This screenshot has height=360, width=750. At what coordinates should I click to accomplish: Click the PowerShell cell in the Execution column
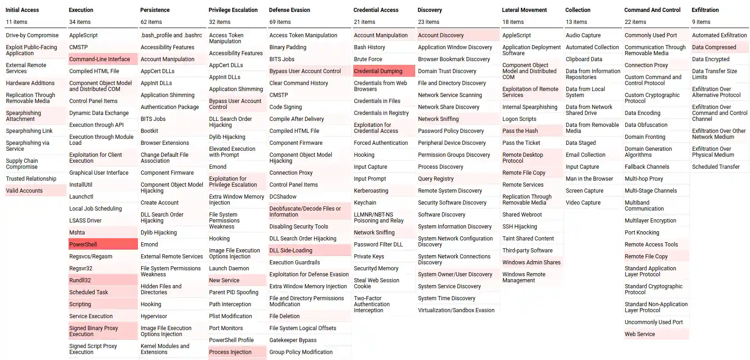(x=83, y=244)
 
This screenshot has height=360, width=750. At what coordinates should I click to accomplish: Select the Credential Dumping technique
(x=378, y=71)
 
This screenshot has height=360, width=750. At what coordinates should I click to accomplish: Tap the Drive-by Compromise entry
(x=32, y=35)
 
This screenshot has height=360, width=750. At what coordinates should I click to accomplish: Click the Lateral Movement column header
(x=524, y=10)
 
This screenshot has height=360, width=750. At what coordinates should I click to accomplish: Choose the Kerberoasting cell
(x=371, y=190)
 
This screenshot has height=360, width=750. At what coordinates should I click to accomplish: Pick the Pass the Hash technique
(x=520, y=131)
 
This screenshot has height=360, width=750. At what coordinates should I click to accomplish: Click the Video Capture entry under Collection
(x=583, y=202)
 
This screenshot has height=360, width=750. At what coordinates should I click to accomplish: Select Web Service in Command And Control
(x=640, y=334)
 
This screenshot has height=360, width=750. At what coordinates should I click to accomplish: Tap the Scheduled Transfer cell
(x=716, y=166)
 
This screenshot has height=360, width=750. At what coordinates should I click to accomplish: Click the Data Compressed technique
(x=714, y=47)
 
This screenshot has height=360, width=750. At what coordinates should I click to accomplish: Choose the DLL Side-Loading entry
(x=291, y=250)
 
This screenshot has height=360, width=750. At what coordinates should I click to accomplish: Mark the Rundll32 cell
(x=80, y=280)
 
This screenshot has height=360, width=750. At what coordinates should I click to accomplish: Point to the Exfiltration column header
(x=705, y=10)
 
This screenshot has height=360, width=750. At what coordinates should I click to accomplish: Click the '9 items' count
(x=701, y=22)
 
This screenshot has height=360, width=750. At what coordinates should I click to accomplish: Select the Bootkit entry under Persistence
(x=149, y=131)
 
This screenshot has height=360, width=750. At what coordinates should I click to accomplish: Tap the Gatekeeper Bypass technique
(x=293, y=340)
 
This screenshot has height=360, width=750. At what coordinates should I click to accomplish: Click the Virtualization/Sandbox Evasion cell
(x=456, y=310)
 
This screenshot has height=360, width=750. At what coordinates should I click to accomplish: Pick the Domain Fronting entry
(x=645, y=137)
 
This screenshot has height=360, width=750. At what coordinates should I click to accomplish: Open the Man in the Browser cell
(x=589, y=178)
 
